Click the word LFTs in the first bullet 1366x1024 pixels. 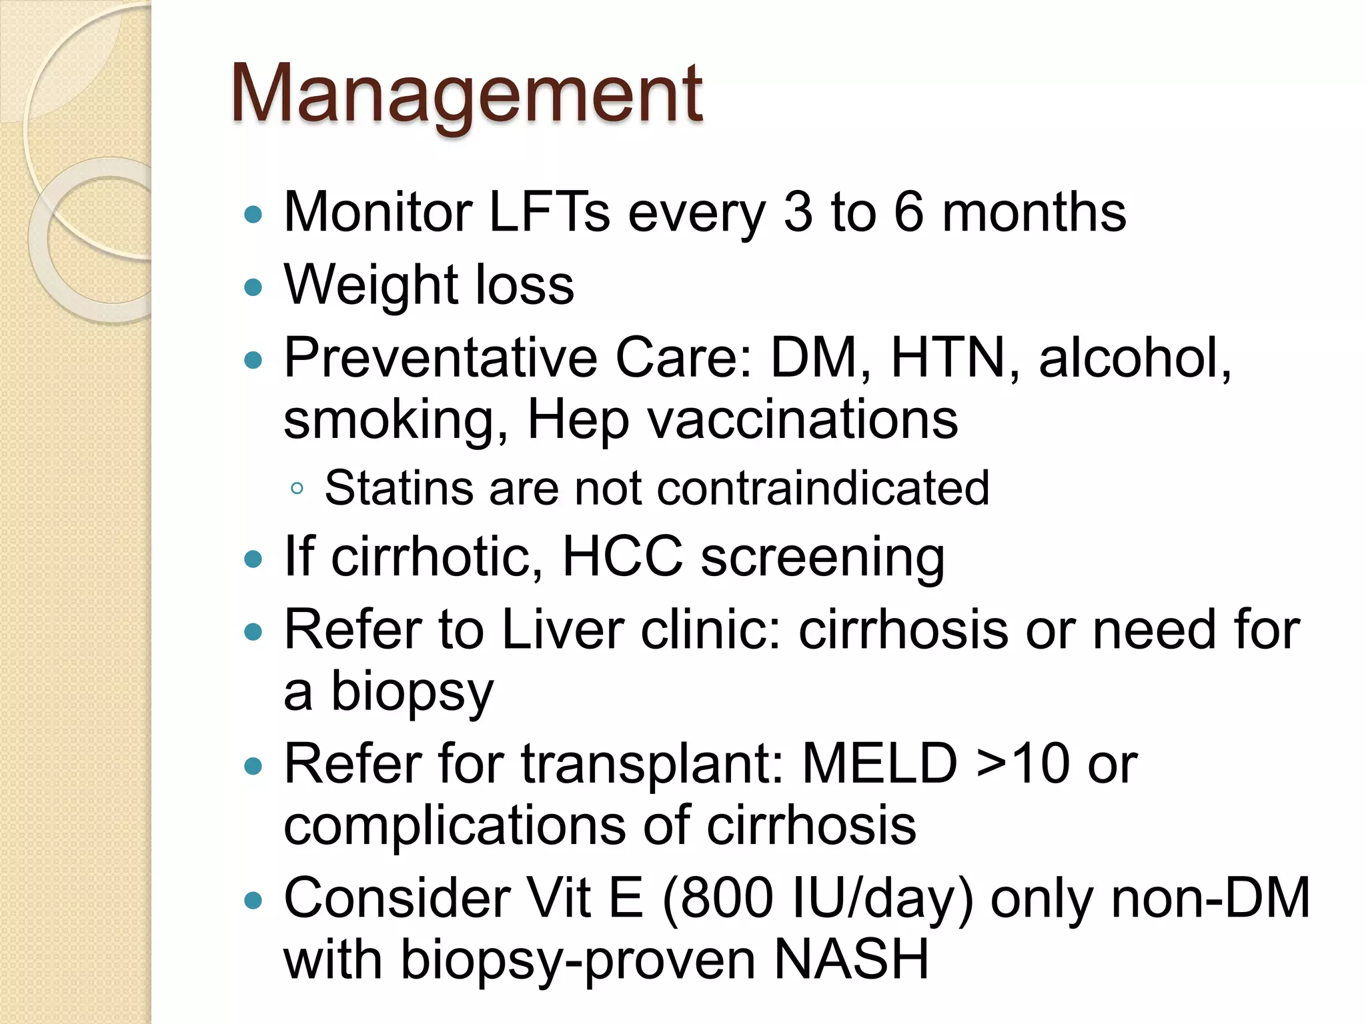click(x=549, y=213)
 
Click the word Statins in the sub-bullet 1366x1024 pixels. click(x=398, y=488)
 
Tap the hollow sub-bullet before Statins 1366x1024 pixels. click(x=297, y=489)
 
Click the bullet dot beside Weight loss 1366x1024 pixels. click(x=253, y=287)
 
